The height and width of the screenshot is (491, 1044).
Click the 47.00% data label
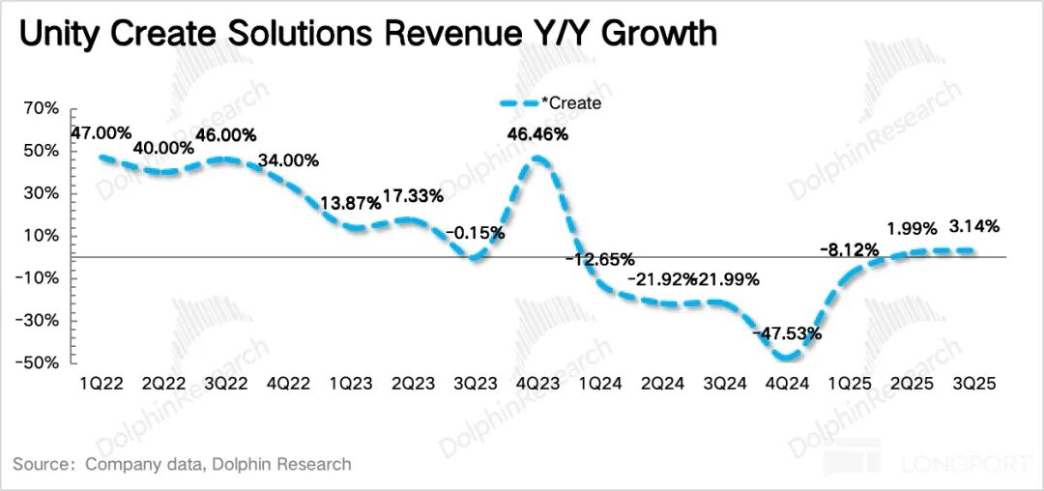pos(101,133)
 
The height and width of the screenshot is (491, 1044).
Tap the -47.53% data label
pos(789,333)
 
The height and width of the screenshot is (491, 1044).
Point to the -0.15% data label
pos(475,233)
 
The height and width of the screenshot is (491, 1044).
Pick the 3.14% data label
pos(973,227)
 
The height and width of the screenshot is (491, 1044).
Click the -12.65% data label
pos(600,259)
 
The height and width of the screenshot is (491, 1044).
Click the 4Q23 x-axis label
pos(539,384)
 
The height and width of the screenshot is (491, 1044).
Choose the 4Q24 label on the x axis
pos(789,384)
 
